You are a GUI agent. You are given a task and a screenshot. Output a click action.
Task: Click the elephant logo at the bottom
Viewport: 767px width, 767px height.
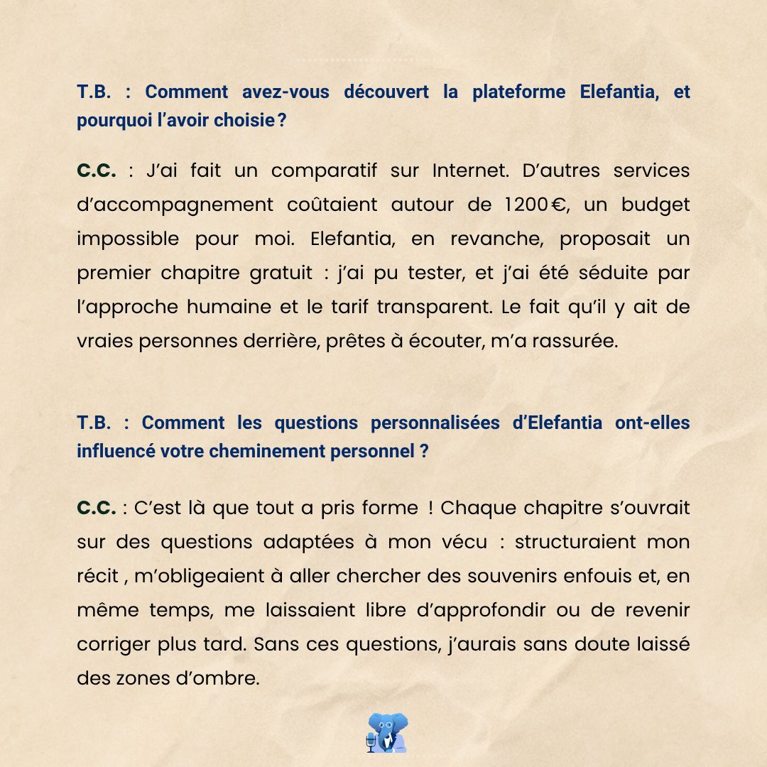387,732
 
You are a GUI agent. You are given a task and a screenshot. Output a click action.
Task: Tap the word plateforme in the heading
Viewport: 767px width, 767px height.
518,92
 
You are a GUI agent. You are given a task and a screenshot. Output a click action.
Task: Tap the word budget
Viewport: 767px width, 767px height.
656,205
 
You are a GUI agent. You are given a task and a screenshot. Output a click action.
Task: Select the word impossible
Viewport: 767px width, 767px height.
128,239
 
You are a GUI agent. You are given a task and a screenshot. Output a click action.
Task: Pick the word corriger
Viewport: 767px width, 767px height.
114,645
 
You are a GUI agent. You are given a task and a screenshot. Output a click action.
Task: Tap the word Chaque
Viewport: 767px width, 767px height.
473,508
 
